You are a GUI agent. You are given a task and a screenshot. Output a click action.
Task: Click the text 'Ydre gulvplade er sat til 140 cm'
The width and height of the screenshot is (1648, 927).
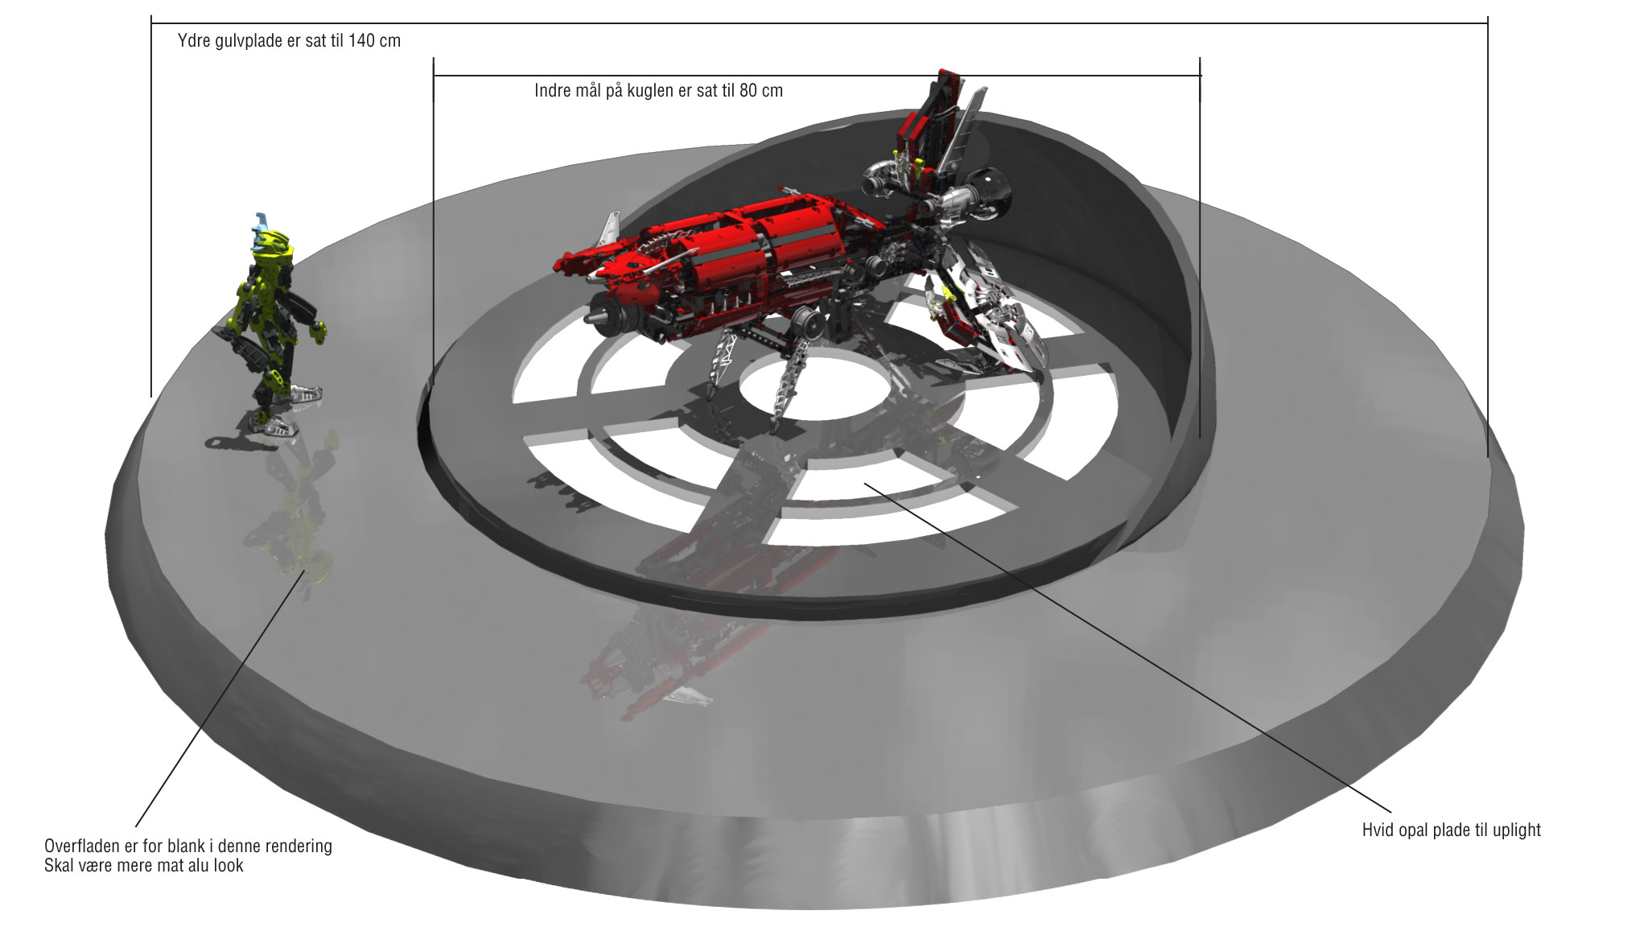[289, 41]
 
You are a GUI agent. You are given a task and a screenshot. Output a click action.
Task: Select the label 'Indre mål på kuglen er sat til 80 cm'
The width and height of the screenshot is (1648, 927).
[658, 91]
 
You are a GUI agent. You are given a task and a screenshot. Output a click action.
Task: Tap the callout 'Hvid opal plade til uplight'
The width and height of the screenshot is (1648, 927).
[1451, 830]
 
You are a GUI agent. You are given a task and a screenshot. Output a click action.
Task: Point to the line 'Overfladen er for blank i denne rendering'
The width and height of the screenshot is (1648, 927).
[188, 847]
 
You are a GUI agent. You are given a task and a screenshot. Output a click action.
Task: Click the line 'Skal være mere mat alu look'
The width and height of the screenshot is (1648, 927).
[144, 866]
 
